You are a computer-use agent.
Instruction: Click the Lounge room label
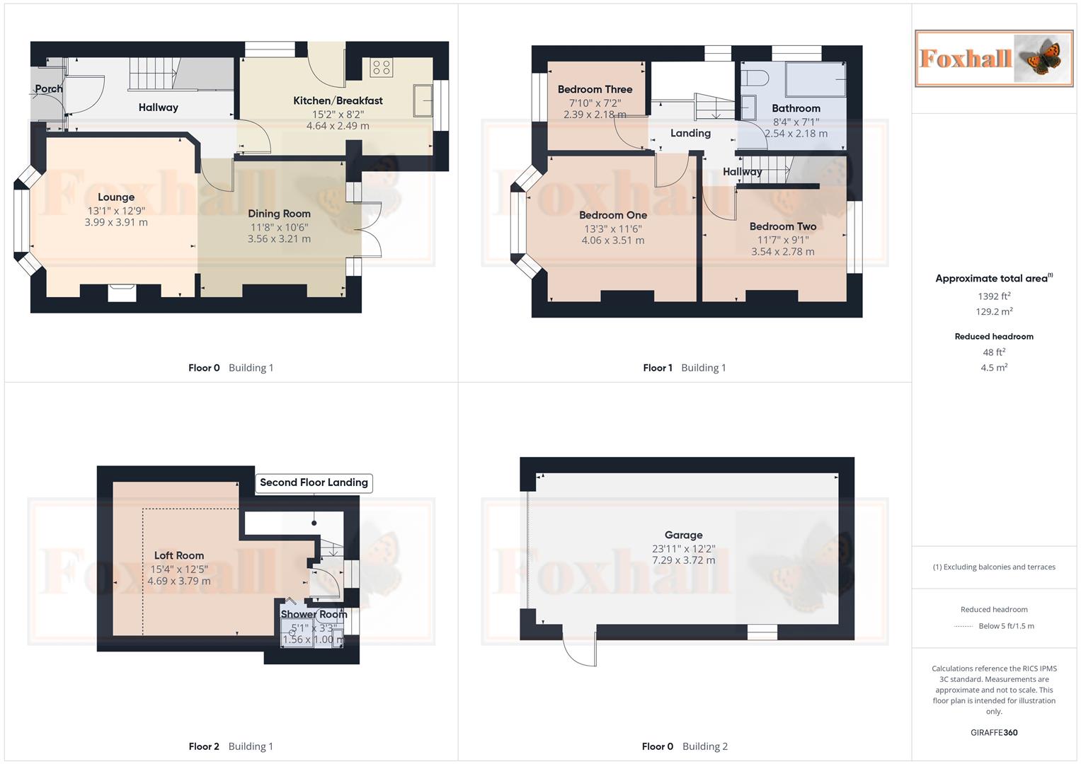(x=116, y=197)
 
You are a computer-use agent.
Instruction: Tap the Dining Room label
(x=279, y=214)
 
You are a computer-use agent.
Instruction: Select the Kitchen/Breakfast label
(x=338, y=101)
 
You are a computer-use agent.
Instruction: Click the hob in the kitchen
(x=381, y=68)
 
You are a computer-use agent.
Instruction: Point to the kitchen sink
(x=423, y=100)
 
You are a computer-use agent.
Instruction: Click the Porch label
(x=49, y=89)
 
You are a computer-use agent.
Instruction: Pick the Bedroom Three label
(x=595, y=90)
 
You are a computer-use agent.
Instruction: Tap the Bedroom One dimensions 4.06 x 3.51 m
(x=613, y=241)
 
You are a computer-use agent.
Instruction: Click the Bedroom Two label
(x=783, y=227)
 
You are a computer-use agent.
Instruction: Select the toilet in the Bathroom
(x=755, y=78)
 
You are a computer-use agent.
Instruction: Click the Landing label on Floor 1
(x=690, y=134)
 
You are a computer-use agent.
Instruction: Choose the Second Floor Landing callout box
(x=314, y=483)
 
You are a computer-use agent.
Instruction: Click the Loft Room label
(x=179, y=556)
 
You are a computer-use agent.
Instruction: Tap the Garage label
(x=683, y=536)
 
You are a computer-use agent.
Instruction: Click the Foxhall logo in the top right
(x=994, y=59)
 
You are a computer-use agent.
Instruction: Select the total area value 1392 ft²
(x=994, y=296)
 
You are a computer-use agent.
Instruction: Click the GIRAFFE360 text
(x=994, y=733)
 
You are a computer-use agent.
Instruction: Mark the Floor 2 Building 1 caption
(x=231, y=746)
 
